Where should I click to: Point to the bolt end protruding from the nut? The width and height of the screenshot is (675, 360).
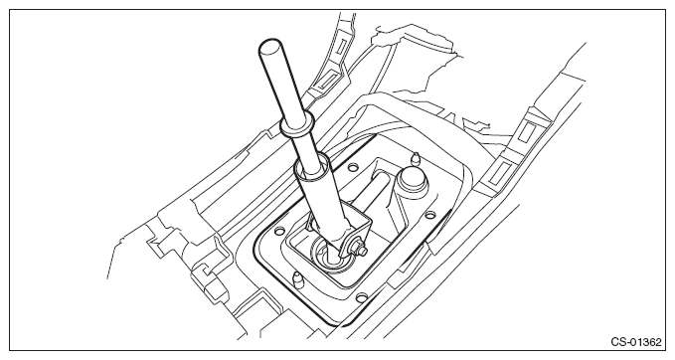click(364, 250)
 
